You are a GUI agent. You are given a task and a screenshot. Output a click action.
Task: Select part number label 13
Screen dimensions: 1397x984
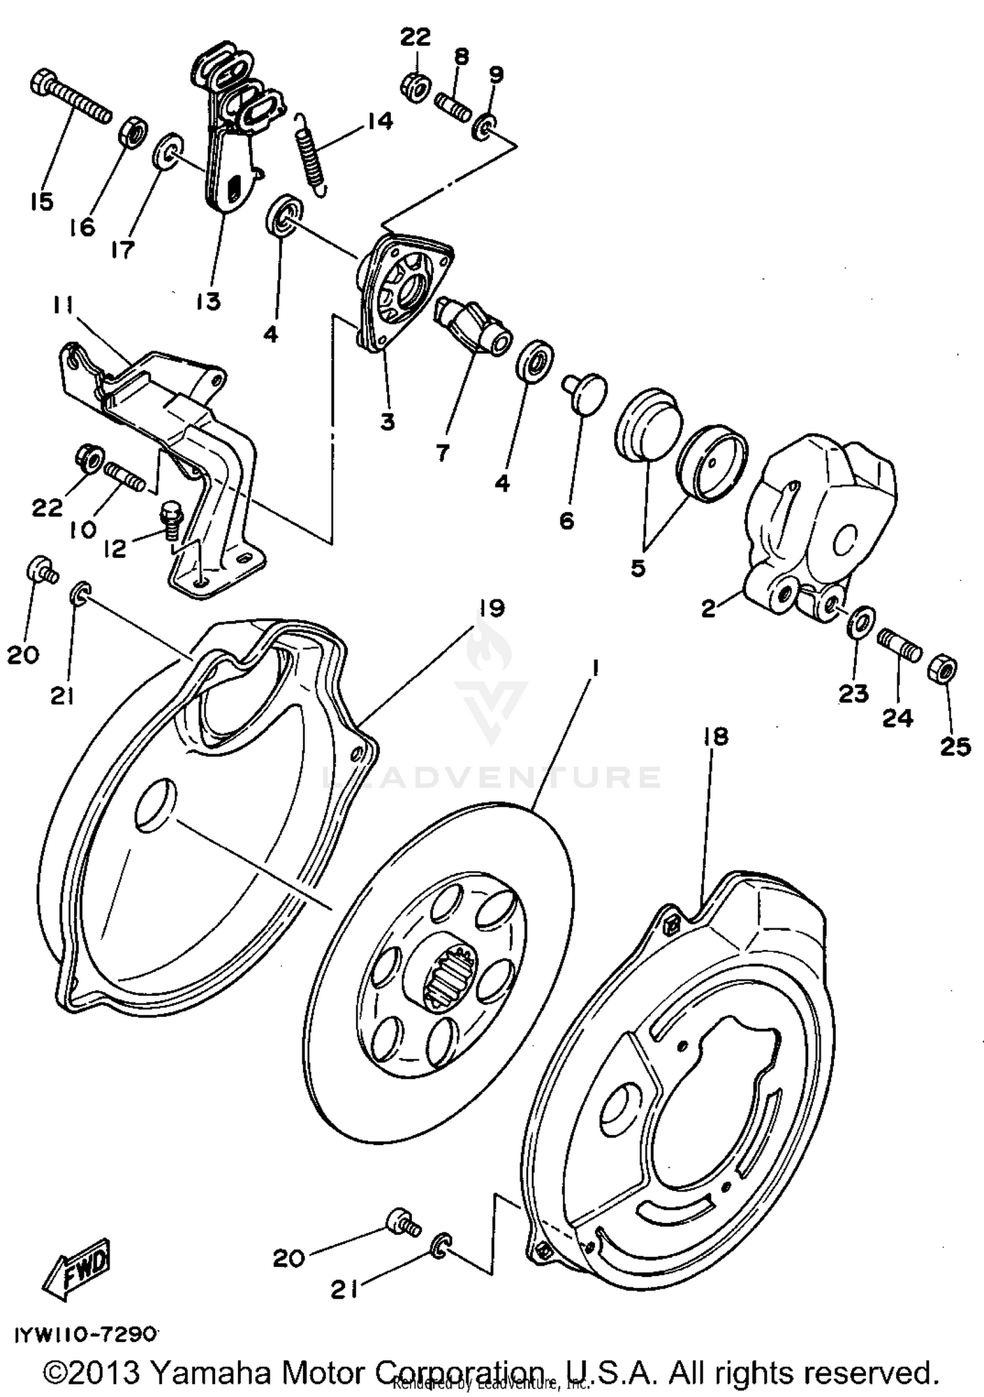point(209,301)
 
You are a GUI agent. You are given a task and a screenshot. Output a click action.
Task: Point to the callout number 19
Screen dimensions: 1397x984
point(491,609)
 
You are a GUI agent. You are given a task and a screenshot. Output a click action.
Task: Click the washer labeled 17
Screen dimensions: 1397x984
point(168,152)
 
